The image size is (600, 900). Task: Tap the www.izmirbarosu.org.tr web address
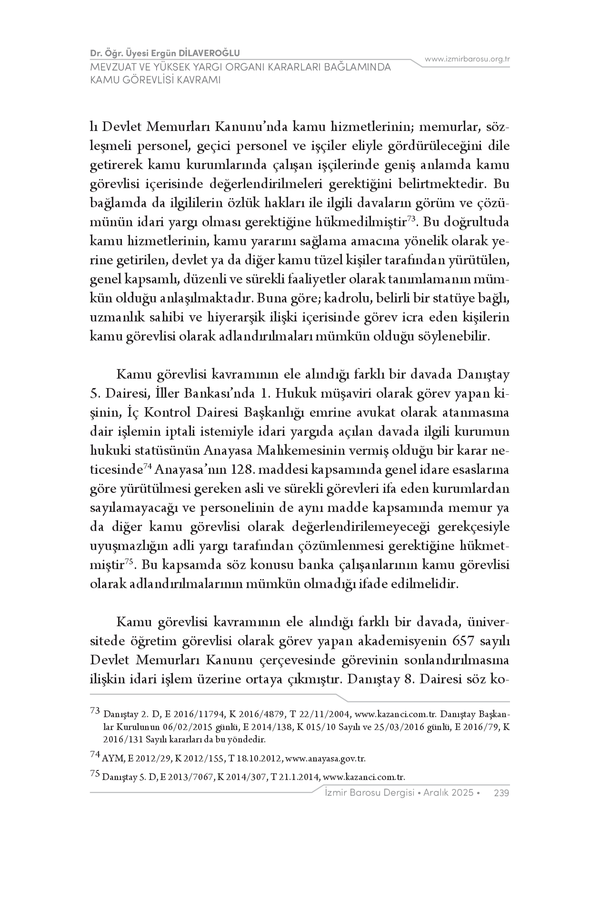tap(467, 59)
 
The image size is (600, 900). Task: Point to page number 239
tap(502, 793)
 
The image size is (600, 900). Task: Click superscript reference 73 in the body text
tap(412, 220)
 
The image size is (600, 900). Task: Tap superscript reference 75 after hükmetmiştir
tap(132, 563)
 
